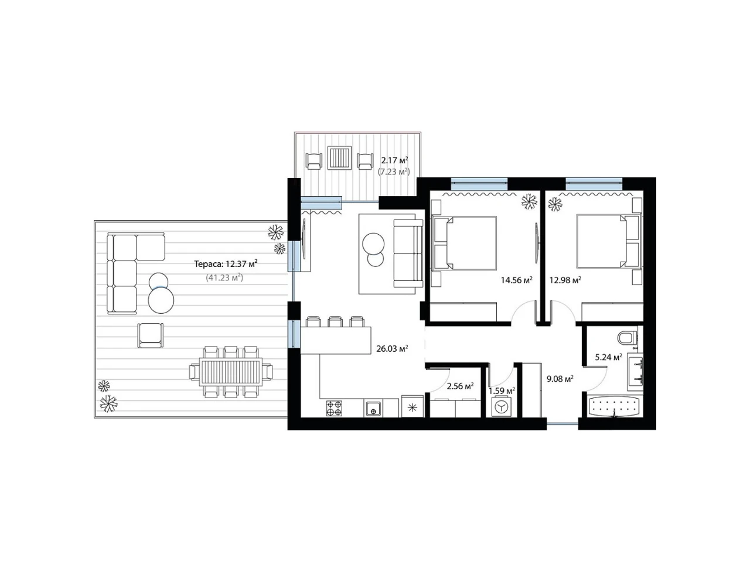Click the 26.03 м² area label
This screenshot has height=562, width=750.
click(392, 349)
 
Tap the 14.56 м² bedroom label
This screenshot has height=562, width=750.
click(517, 280)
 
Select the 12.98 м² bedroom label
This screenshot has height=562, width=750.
click(565, 280)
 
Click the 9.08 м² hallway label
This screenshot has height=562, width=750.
click(560, 379)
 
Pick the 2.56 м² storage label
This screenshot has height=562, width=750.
click(460, 386)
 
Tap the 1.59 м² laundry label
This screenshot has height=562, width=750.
click(502, 390)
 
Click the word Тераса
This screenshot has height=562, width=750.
click(208, 264)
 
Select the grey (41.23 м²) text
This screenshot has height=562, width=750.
click(224, 277)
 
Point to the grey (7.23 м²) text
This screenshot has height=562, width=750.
click(394, 172)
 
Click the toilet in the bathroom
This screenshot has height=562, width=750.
click(628, 338)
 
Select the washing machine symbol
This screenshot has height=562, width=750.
click(502, 407)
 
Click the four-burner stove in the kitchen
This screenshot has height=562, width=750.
click(334, 408)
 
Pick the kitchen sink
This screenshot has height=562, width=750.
click(373, 409)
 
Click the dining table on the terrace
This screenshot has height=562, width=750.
click(231, 372)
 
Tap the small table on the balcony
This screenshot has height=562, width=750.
click(340, 157)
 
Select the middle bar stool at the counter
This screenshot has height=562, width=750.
click(335, 321)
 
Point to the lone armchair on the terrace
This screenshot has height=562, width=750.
click(151, 335)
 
